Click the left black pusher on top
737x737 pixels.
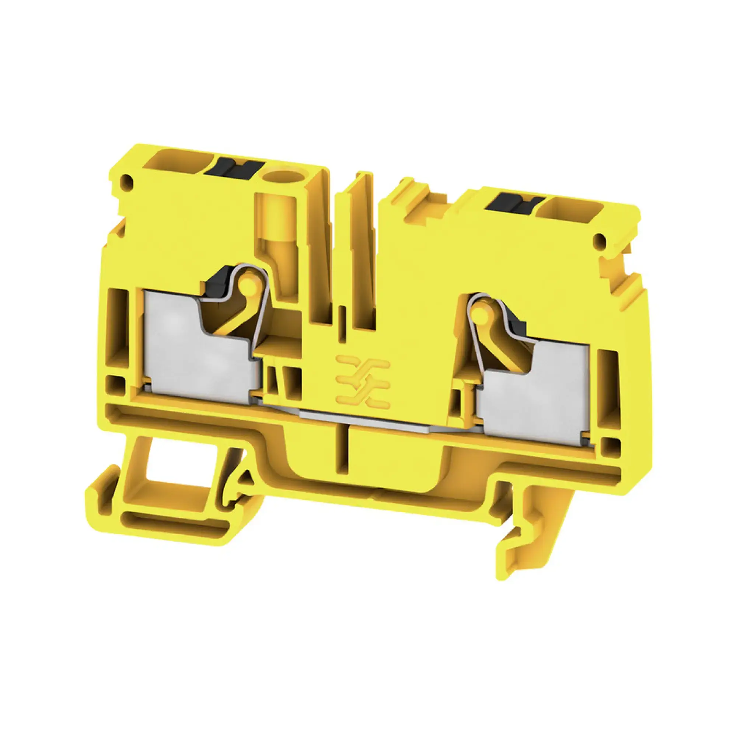(234, 167)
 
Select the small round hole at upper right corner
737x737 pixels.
(599, 240)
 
